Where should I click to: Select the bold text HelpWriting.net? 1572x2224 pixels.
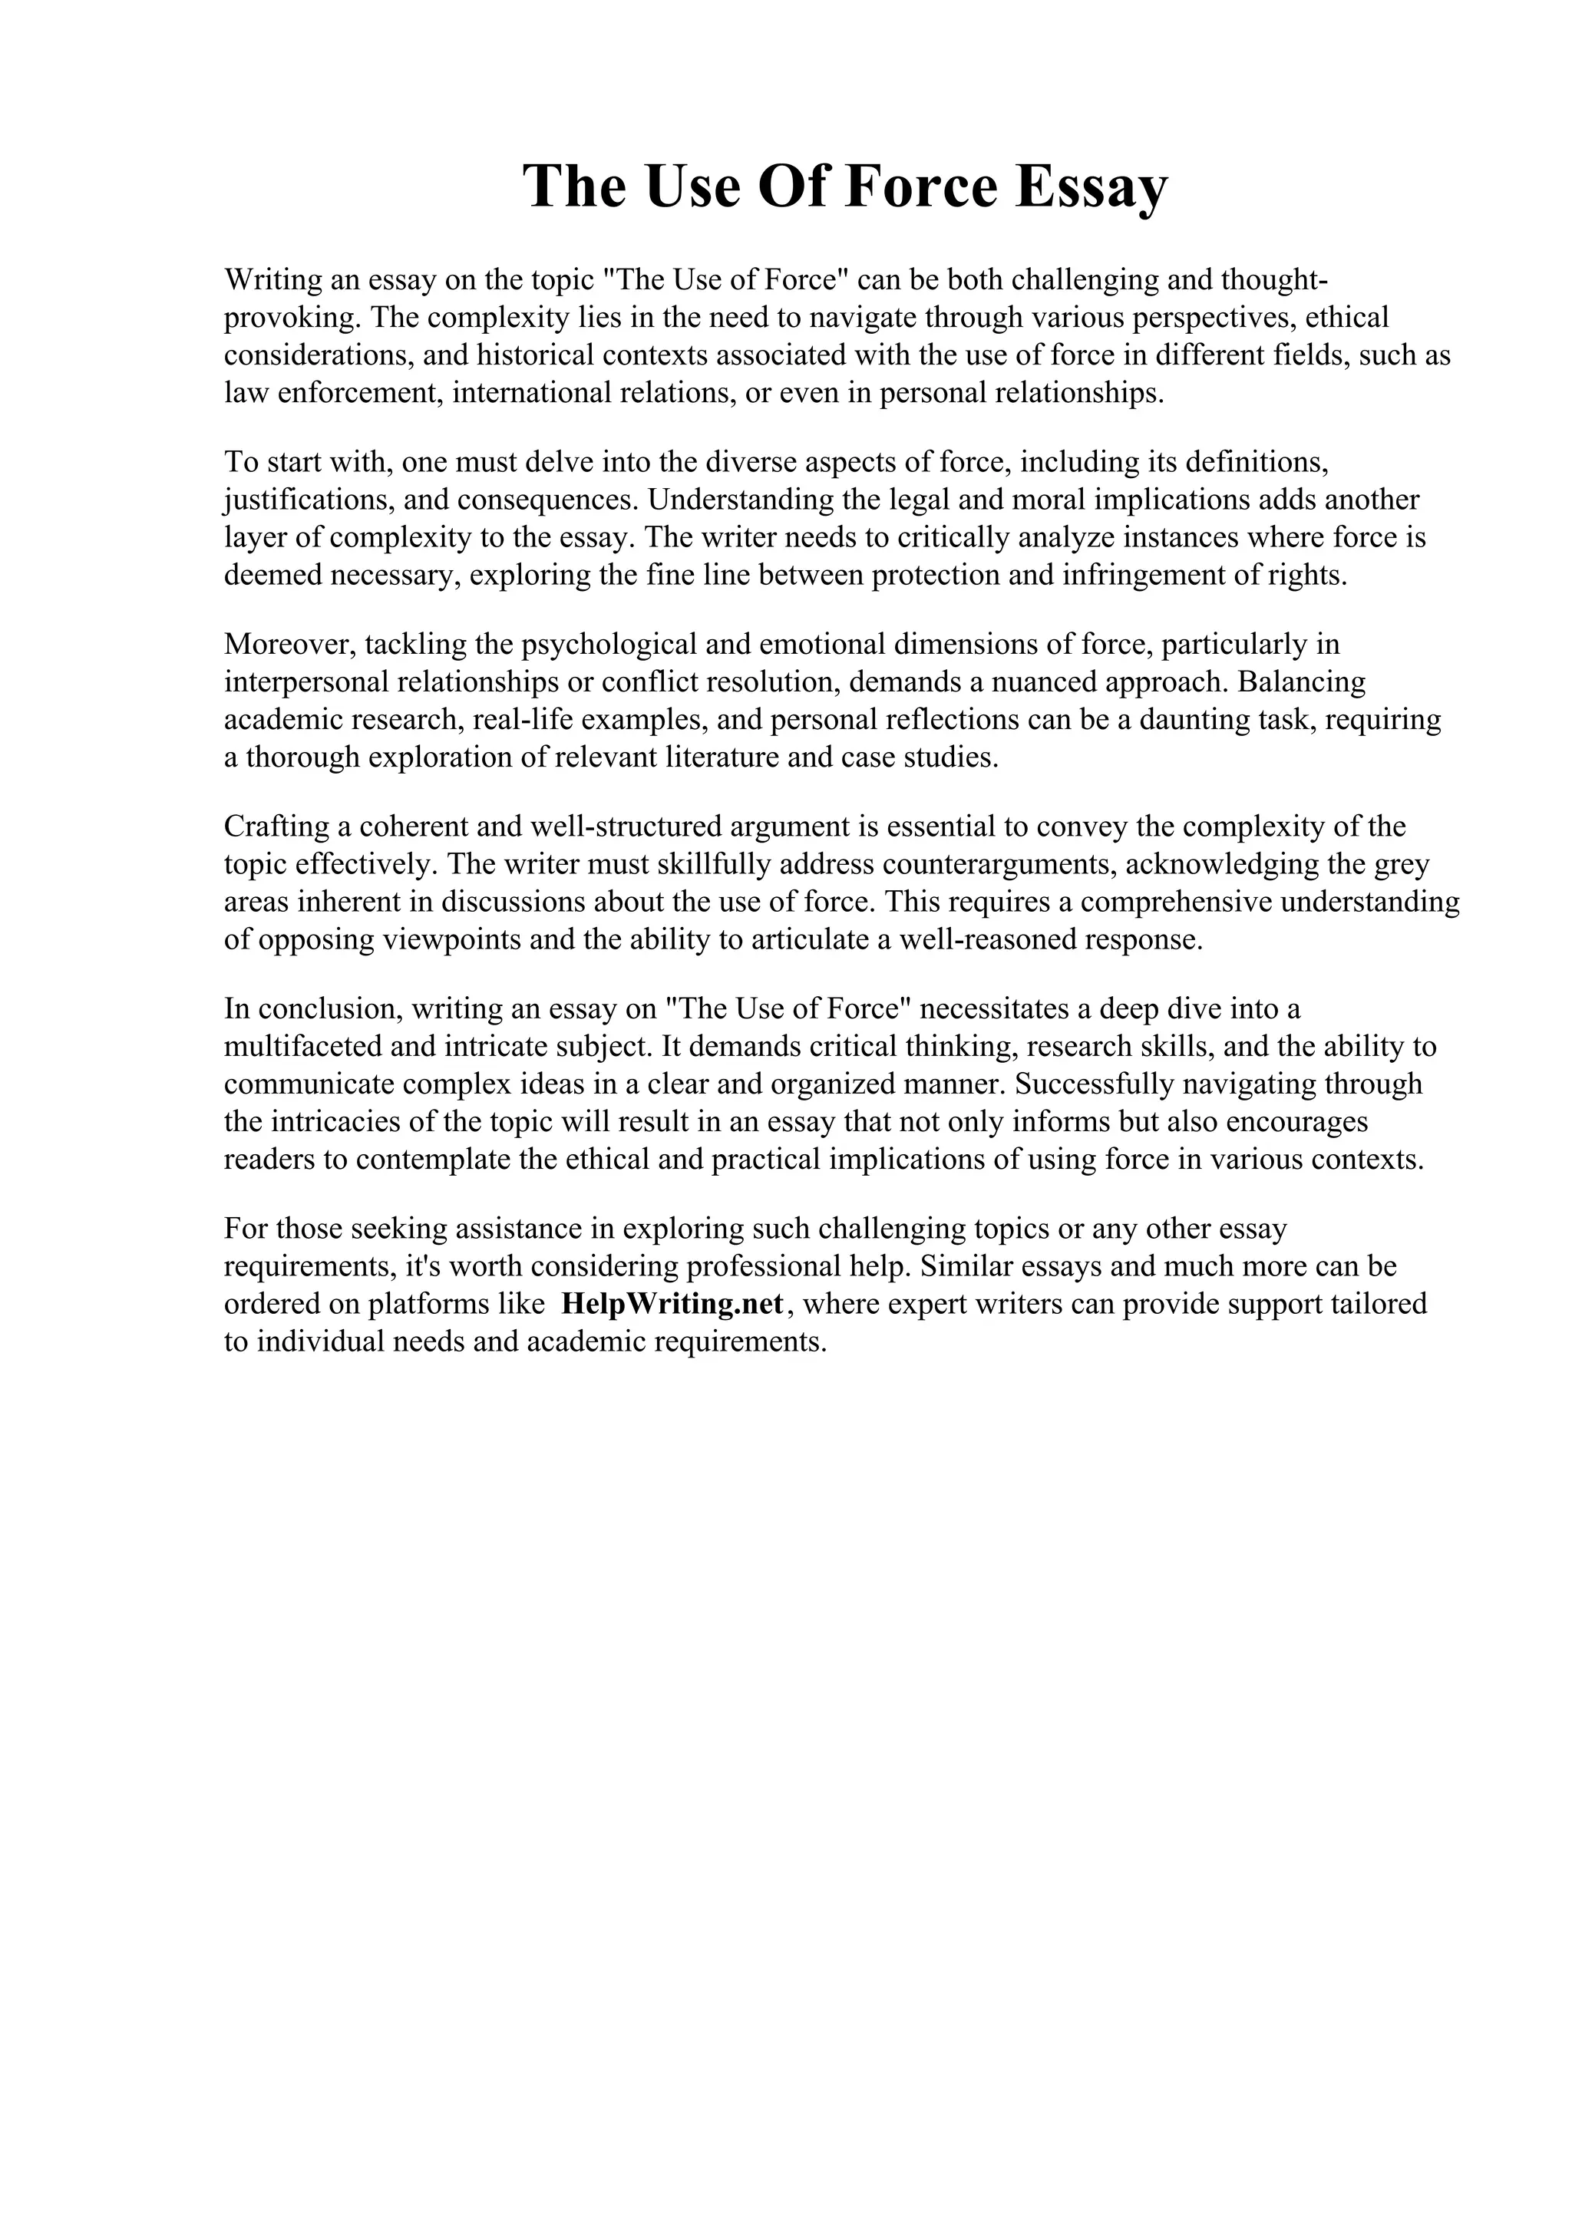671,1304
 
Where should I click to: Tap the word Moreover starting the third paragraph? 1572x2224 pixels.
289,644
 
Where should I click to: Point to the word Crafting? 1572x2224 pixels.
276,827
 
